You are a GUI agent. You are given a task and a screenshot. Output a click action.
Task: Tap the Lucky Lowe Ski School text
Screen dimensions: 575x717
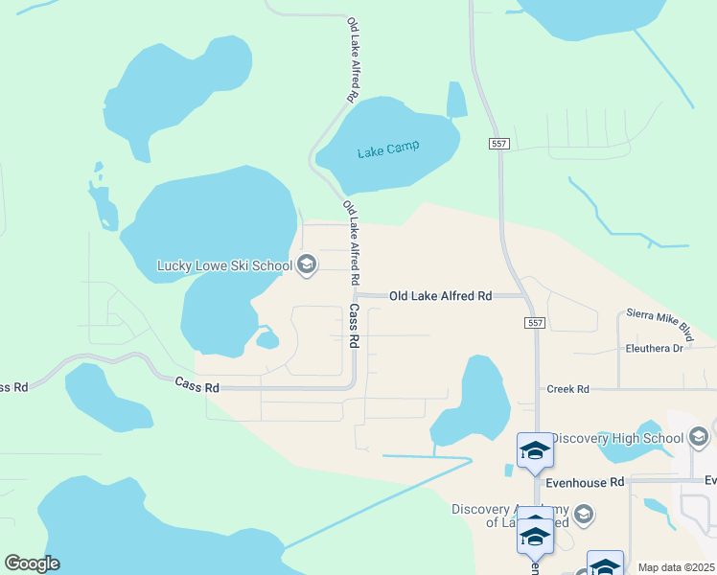click(225, 265)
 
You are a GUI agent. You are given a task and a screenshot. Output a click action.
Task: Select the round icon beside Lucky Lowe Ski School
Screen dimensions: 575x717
click(307, 264)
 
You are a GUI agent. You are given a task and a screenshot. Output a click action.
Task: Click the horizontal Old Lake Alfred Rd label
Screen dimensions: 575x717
click(440, 297)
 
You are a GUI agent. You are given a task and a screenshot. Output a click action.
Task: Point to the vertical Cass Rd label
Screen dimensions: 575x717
click(354, 326)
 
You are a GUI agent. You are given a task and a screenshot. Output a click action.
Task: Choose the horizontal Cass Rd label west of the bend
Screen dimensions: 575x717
click(197, 384)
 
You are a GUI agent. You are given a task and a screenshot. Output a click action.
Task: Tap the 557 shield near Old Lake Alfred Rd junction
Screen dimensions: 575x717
click(535, 324)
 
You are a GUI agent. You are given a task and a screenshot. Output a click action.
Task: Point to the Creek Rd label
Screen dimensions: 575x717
click(567, 389)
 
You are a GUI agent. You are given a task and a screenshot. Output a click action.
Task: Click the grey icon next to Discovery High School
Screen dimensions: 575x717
click(700, 439)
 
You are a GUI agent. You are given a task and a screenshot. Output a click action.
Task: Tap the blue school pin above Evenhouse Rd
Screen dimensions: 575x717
click(534, 449)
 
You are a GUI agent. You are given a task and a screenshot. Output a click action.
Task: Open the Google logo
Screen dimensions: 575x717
click(32, 563)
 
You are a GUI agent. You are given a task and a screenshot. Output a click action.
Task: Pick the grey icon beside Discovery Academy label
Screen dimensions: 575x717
click(582, 516)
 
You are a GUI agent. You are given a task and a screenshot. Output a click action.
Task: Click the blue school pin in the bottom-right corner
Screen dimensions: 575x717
click(605, 565)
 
